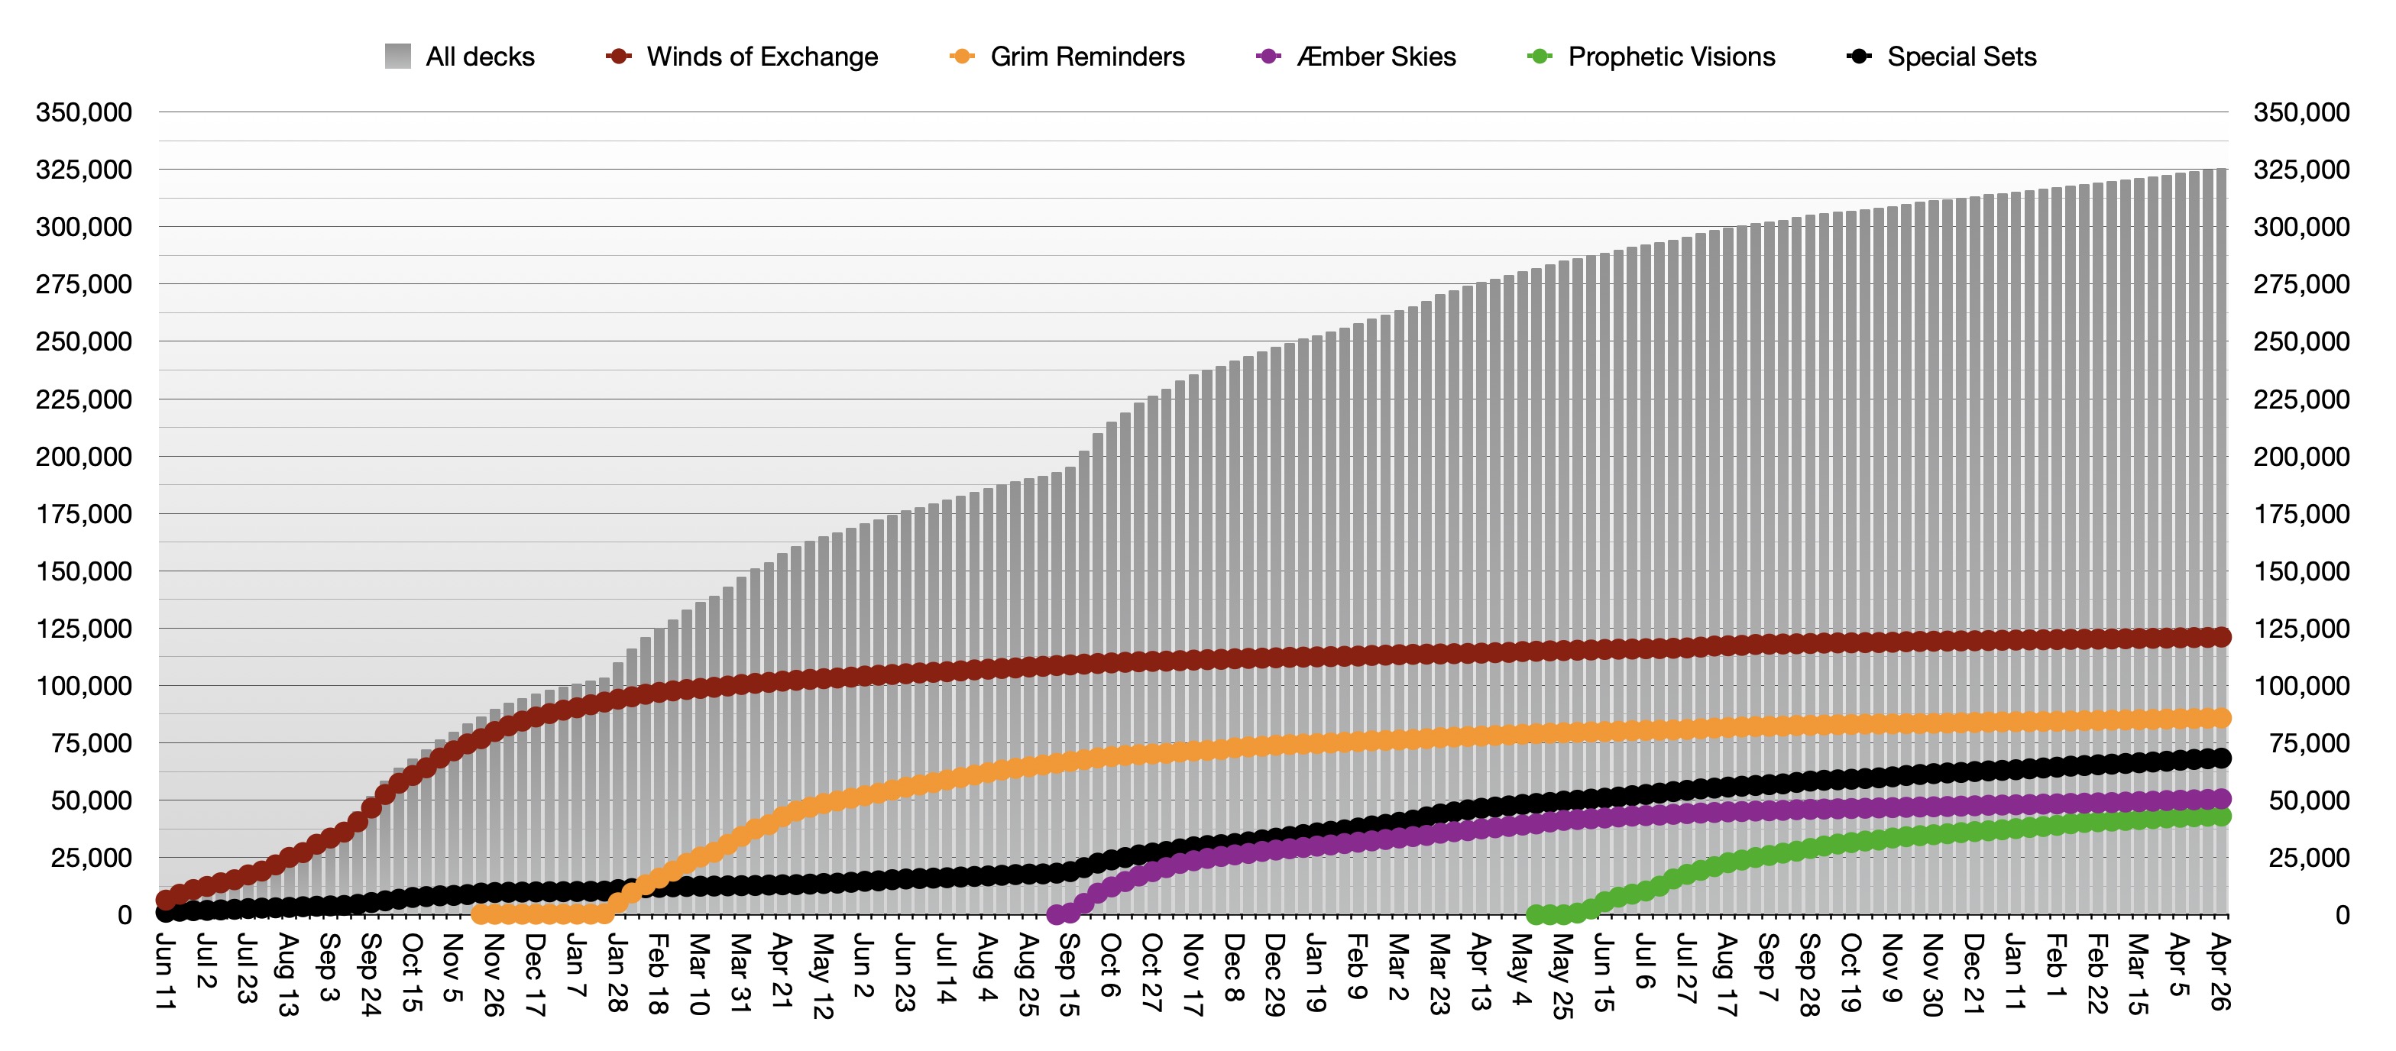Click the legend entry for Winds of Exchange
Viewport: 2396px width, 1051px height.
coord(741,57)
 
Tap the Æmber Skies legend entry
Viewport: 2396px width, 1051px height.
coord(1356,57)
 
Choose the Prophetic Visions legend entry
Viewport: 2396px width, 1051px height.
coord(1651,57)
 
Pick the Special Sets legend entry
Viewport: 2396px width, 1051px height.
coord(1941,57)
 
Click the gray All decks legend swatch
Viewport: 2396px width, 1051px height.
coord(398,56)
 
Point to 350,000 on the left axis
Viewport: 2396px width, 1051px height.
coord(84,112)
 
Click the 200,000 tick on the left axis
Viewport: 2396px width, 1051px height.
coord(84,457)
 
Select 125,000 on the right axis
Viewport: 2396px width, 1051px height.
coord(2301,629)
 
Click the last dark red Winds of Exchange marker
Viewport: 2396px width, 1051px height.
coord(2220,637)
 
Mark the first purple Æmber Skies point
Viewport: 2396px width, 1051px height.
coord(1056,914)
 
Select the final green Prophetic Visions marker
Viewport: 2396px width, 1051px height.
coord(2220,817)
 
